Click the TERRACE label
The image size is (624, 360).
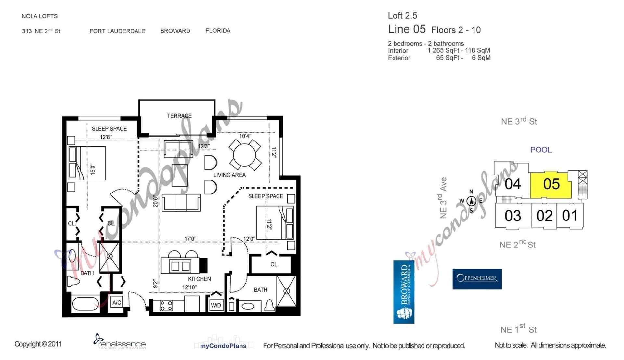click(x=179, y=116)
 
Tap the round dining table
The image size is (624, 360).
click(x=245, y=155)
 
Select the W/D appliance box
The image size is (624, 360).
click(x=216, y=305)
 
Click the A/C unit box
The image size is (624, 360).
click(x=117, y=303)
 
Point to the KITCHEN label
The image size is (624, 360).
click(x=199, y=279)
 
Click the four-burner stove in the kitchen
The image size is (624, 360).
click(x=166, y=306)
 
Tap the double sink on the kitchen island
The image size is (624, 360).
click(x=180, y=266)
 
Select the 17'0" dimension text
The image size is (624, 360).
click(x=190, y=239)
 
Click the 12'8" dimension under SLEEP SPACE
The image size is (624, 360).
click(x=106, y=137)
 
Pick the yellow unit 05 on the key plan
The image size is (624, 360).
click(x=551, y=184)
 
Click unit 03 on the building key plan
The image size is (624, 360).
click(x=513, y=216)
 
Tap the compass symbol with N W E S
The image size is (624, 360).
click(x=471, y=201)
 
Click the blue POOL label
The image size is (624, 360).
click(x=540, y=150)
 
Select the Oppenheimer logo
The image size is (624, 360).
click(x=477, y=279)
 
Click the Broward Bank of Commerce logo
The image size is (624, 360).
click(x=404, y=292)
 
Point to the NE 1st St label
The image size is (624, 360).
click(x=518, y=329)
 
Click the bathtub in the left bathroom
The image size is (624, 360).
click(x=85, y=304)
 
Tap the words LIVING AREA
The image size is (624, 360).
click(x=229, y=175)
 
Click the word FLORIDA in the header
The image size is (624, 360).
click(x=218, y=31)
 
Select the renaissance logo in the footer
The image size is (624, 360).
click(x=119, y=341)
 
